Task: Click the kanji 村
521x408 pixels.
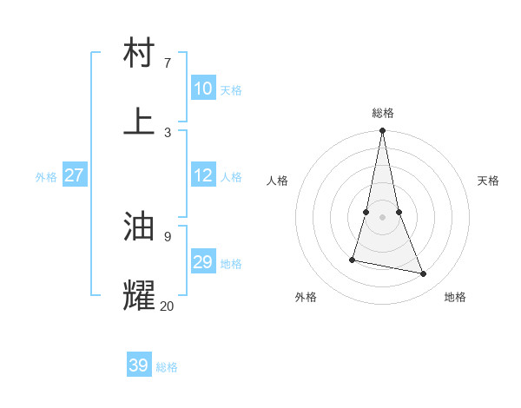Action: (140, 53)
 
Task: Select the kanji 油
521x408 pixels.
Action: (140, 227)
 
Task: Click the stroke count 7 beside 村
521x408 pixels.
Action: (167, 63)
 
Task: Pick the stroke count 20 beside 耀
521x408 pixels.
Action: (167, 306)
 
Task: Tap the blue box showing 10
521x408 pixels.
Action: (203, 89)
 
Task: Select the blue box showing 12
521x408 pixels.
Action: (203, 175)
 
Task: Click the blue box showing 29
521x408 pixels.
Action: (203, 262)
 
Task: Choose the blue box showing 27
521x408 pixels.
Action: (75, 175)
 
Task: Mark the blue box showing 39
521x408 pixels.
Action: (139, 365)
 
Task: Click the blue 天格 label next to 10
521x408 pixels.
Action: (231, 90)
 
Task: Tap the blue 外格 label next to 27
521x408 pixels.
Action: (46, 177)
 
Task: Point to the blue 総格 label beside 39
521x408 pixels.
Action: (167, 367)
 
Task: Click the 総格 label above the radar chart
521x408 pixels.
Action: (383, 113)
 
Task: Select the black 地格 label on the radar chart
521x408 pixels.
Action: (455, 297)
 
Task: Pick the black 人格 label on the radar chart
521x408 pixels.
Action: (278, 181)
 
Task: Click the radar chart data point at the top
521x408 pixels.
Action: (383, 131)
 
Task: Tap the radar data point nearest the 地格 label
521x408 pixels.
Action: (424, 273)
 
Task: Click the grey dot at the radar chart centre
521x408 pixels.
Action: (383, 217)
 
